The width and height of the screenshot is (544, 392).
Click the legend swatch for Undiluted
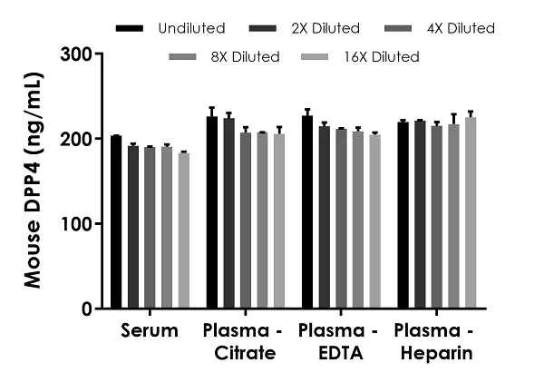[x=131, y=29]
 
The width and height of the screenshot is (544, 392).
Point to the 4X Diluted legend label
[x=463, y=29]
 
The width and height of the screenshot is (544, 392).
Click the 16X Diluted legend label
[x=387, y=57]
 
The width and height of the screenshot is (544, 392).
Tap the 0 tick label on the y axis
[x=89, y=309]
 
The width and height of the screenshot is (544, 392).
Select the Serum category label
[x=151, y=330]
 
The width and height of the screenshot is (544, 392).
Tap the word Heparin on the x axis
[x=437, y=353]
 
